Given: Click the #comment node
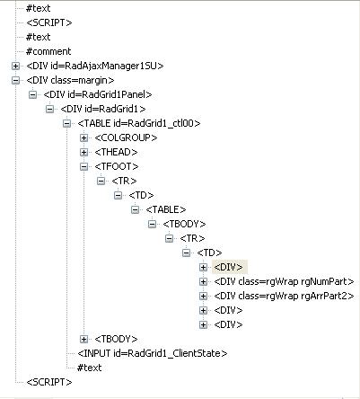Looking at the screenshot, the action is tap(48, 51).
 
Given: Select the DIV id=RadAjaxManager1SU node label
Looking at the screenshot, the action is tap(95, 66).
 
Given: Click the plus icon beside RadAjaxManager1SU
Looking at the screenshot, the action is tap(15, 66).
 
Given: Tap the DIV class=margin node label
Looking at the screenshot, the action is tap(70, 80).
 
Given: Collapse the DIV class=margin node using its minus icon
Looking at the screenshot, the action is tap(15, 80).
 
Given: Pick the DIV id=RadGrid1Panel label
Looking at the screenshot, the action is tap(98, 94).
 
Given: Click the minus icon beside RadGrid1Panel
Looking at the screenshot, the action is tap(32, 94).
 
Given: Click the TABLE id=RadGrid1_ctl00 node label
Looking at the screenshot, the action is tap(139, 123).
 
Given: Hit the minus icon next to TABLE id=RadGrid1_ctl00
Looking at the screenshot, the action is tap(66, 123).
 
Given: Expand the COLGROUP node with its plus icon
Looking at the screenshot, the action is tap(83, 137).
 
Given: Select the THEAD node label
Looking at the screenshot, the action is tap(116, 152).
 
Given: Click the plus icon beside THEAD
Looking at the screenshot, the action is tap(83, 152).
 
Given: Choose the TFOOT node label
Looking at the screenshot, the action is tap(117, 166).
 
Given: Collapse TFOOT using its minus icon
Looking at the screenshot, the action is tap(83, 166).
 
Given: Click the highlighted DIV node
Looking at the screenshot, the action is tap(229, 267).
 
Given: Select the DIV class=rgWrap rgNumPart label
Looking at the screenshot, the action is tap(284, 281).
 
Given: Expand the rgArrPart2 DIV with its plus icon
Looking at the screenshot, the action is tap(203, 296).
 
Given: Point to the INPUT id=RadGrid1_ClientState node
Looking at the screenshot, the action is tap(153, 353).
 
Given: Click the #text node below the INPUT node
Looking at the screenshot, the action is tap(89, 368).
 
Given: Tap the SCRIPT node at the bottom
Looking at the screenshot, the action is tap(49, 382).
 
